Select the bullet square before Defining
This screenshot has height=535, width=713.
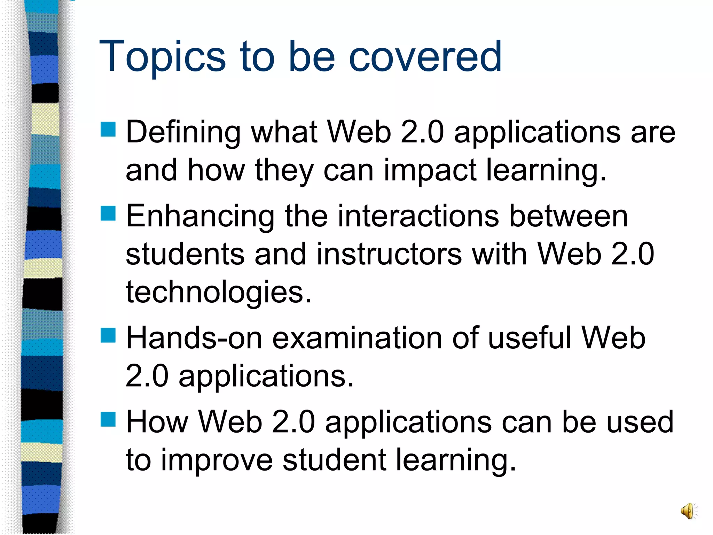pos(108,129)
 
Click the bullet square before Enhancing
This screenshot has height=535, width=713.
pos(108,214)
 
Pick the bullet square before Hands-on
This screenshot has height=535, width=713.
pos(108,335)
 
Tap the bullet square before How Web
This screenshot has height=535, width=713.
pos(108,419)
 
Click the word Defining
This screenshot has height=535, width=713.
pos(183,132)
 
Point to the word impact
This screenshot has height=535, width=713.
pos(430,171)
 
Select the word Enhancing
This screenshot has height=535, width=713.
pos(200,217)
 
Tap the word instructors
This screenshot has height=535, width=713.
pos(389,254)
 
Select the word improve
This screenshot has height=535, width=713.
pos(217,460)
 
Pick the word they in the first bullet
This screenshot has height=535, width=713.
pos(284,171)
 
